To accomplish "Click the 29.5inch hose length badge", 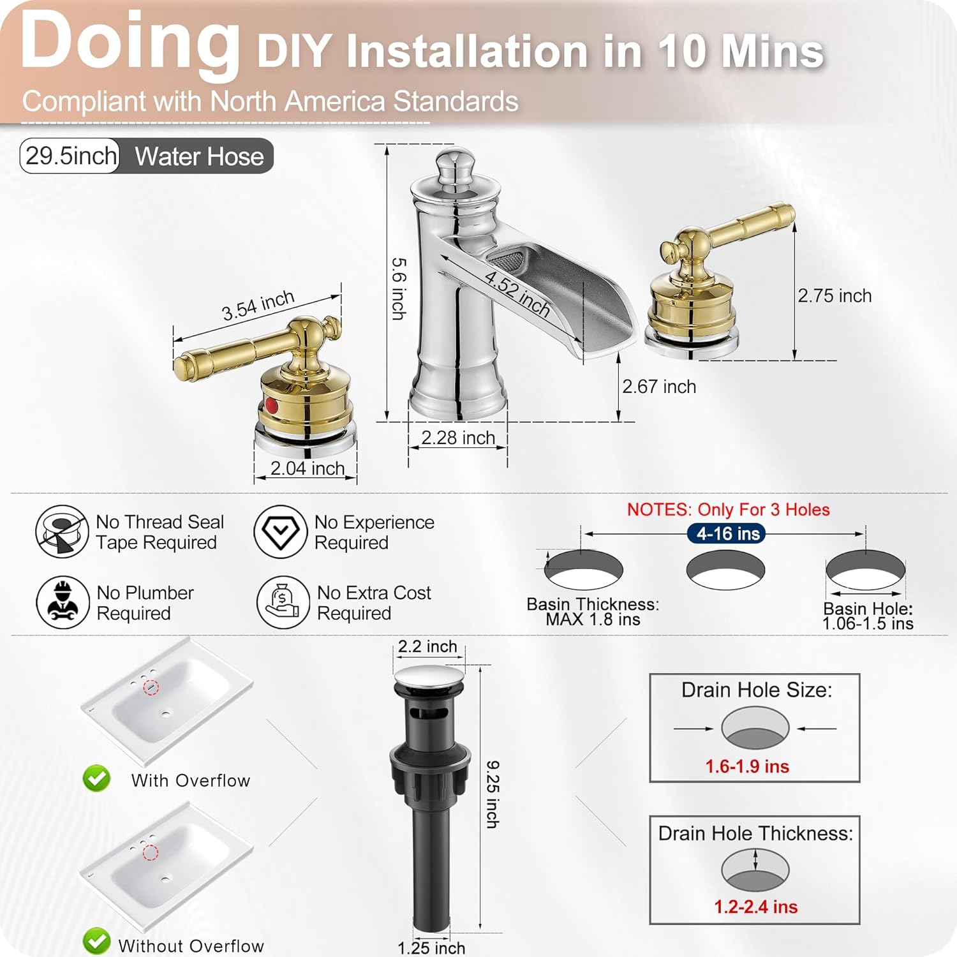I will [71, 156].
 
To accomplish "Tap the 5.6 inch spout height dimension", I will [398, 288].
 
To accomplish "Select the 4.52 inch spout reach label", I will [517, 293].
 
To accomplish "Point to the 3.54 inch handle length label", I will [258, 306].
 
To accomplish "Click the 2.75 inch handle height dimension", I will [834, 296].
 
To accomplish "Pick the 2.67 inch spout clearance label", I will [658, 387].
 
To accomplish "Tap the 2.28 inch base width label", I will [457, 438].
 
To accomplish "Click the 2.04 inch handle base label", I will [307, 468].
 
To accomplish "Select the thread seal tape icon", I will [61, 531].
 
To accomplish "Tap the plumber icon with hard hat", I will [63, 602].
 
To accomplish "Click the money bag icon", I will [283, 602].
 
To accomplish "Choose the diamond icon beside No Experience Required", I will [280, 531].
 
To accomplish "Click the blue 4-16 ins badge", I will [726, 533].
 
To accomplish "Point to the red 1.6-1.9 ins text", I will [746, 766].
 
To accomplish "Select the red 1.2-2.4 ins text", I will [755, 907].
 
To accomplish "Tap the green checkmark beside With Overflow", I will [96, 778].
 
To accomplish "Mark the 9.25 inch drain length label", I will [492, 794].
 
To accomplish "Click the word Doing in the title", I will [130, 41].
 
